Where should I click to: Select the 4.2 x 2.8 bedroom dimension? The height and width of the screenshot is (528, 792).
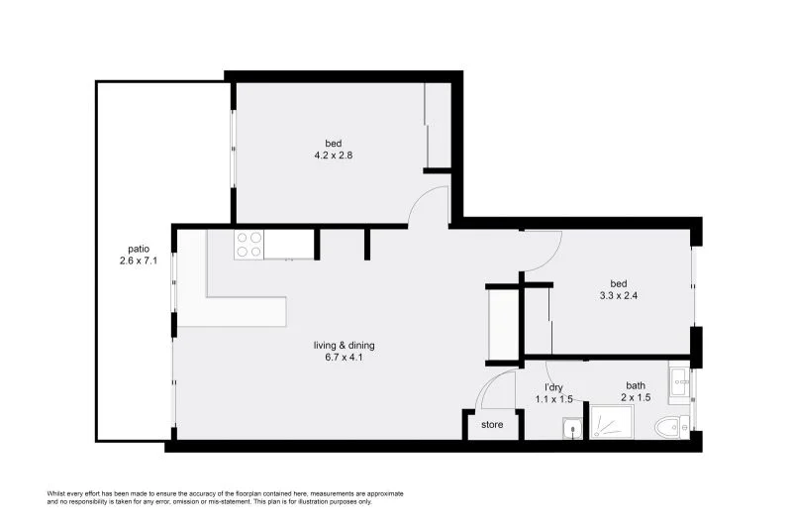point(333,155)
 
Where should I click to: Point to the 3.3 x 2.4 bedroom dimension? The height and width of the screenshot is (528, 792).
point(623,294)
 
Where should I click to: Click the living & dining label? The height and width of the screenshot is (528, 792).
point(344,345)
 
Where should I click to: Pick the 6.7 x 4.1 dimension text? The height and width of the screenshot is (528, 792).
point(344,358)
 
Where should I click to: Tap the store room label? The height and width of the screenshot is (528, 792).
point(492,425)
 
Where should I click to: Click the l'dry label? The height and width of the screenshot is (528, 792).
point(554,386)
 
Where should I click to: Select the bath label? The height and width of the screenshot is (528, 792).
point(635,386)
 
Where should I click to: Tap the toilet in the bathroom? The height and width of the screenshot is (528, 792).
point(670,427)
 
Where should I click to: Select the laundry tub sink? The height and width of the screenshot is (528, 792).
point(570,427)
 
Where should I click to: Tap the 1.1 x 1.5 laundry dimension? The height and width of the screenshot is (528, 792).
point(554,399)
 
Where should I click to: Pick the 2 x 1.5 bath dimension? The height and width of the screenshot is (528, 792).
point(635,399)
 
